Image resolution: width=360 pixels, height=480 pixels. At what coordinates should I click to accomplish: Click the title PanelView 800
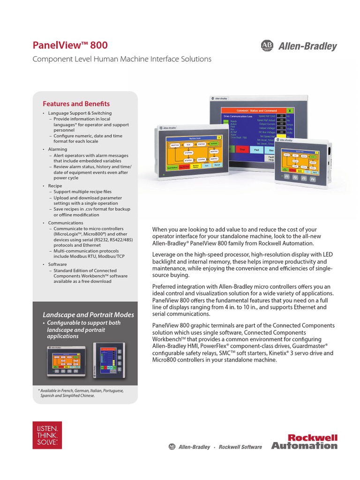[x=70, y=45]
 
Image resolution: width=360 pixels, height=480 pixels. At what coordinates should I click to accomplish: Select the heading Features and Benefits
[x=76, y=104]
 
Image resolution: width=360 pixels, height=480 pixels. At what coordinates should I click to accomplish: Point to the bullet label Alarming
[x=58, y=149]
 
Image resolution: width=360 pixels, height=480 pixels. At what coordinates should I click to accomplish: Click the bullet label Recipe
[x=55, y=186]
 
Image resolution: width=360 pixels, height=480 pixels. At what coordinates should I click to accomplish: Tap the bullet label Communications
[x=66, y=223]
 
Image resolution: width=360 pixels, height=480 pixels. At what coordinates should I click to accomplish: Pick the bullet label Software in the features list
[x=58, y=264]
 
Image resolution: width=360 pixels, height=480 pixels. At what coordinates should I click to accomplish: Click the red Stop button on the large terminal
[x=242, y=150]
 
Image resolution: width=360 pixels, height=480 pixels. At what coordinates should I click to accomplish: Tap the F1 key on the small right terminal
[x=287, y=178]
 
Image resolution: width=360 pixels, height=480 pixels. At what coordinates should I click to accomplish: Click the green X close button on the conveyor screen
[x=290, y=109]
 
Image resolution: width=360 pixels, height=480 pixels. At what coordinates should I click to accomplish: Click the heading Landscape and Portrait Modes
[x=89, y=315]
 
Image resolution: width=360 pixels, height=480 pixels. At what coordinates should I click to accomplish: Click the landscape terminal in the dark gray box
[x=65, y=360]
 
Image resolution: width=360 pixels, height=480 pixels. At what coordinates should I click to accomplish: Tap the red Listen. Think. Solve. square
[x=47, y=435]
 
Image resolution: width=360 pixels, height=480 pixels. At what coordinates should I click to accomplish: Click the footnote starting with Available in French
[x=81, y=393]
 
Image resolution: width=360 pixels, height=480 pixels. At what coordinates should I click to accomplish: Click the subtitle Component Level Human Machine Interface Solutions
[x=122, y=59]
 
